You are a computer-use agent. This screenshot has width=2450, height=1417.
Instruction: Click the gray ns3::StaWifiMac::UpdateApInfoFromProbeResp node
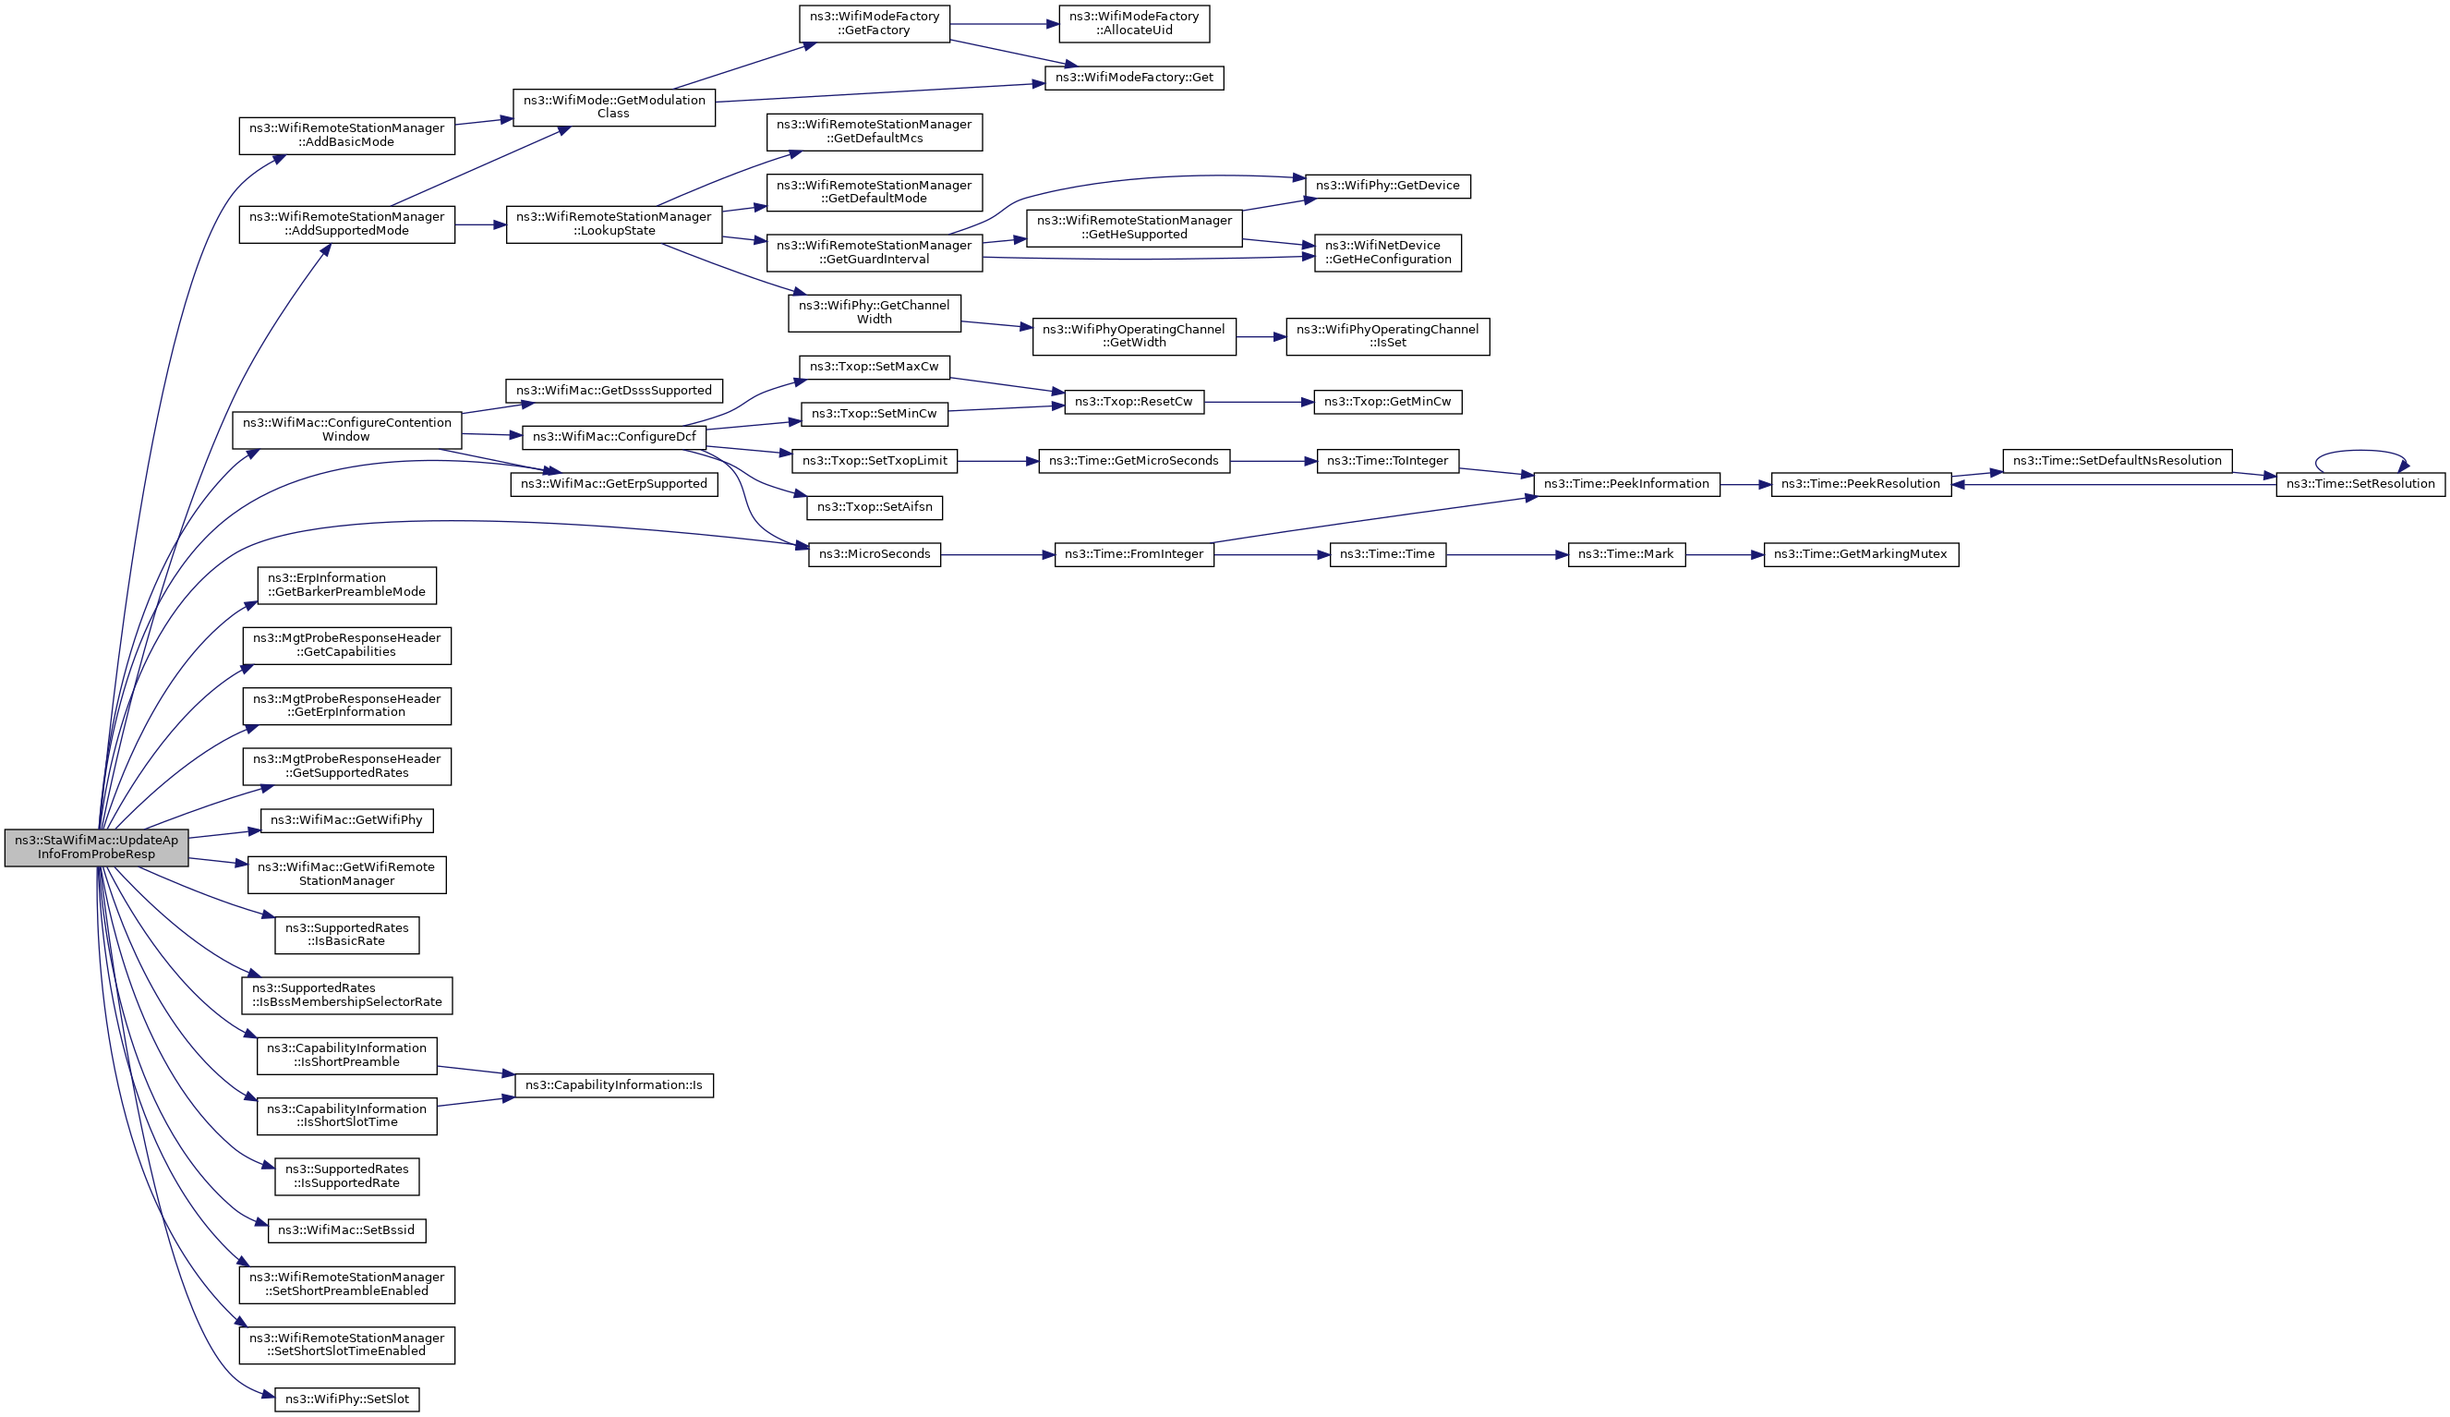point(96,847)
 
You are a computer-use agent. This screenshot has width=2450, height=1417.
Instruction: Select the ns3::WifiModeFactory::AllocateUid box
point(1134,23)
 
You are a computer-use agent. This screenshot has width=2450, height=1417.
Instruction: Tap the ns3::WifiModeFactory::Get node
point(1134,78)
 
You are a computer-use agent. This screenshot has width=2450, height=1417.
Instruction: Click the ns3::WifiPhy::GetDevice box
point(1387,186)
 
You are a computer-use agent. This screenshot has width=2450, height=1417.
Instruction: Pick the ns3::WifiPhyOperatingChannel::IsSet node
point(1387,336)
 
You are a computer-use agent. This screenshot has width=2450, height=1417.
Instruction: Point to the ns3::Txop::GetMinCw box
point(1387,403)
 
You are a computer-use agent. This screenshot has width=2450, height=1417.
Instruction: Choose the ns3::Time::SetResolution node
point(2359,484)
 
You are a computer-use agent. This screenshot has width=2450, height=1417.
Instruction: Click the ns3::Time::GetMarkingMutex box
point(1861,554)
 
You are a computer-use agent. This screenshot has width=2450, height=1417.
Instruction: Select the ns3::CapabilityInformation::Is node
point(613,1085)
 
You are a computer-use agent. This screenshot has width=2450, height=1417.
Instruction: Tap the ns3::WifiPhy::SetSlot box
point(347,1399)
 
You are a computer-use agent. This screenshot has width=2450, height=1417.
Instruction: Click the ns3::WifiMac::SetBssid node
point(347,1230)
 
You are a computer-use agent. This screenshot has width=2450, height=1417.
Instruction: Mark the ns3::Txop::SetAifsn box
point(874,508)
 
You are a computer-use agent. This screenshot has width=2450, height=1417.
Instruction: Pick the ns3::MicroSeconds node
point(874,554)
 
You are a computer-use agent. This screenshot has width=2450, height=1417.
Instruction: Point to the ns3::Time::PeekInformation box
point(1626,484)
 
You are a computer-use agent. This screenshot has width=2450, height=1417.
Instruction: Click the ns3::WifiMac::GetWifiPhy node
point(347,821)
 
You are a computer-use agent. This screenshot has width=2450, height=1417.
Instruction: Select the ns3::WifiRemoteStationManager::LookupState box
point(613,224)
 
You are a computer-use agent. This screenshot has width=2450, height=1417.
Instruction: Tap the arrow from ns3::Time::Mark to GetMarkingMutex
point(1725,554)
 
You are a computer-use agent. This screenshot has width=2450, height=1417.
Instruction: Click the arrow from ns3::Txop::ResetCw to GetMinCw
point(1259,403)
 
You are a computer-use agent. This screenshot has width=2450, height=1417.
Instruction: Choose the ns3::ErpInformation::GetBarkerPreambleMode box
point(347,586)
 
